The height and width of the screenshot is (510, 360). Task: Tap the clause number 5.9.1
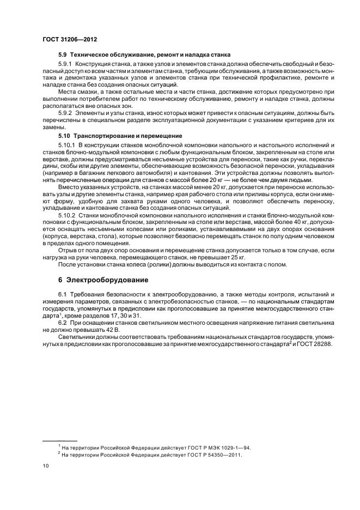point(66,65)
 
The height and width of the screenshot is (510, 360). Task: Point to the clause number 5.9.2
point(66,112)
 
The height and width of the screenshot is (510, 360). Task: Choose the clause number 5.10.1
point(68,144)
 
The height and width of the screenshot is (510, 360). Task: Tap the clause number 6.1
point(63,295)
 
